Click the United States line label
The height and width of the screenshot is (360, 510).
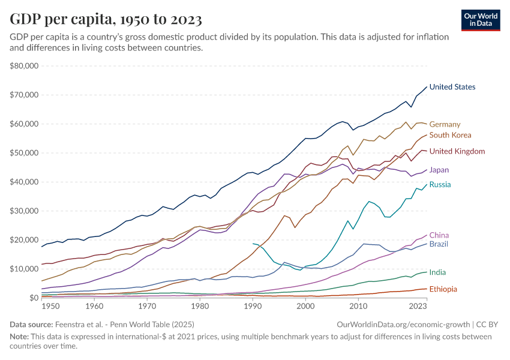coord(452,87)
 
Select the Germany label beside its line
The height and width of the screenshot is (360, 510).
coord(445,124)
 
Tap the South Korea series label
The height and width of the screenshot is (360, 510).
coord(450,135)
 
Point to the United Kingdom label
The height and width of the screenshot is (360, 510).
coord(457,151)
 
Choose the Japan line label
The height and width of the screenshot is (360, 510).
coord(439,170)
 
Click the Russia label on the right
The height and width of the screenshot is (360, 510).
coord(440,184)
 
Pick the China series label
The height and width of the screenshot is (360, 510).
coord(439,235)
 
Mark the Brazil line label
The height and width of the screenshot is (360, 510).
coord(439,244)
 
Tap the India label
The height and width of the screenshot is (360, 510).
coord(438,272)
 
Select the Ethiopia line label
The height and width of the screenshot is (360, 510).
coord(443,289)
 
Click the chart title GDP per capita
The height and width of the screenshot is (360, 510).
coord(106,19)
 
